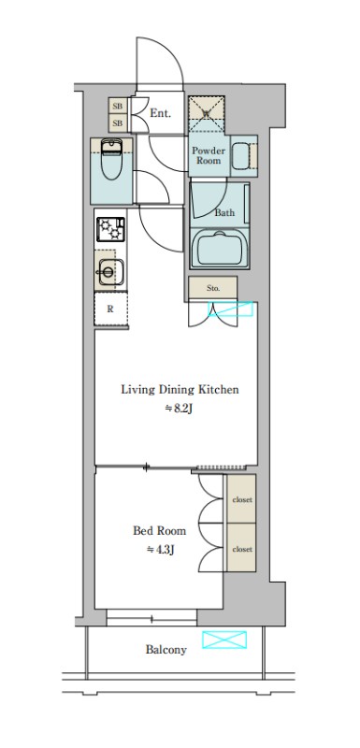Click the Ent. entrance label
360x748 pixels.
[160, 113]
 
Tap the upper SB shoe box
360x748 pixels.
[118, 106]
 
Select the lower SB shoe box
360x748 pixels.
[118, 123]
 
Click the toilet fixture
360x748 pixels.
[112, 159]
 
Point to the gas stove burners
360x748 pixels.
[110, 229]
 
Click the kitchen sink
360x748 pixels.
[110, 272]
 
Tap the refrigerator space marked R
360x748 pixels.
[110, 309]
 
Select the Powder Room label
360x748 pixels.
[209, 155]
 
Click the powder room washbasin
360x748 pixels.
[241, 156]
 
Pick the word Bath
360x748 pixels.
[224, 213]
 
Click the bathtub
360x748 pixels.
[220, 250]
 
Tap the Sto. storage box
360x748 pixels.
[212, 288]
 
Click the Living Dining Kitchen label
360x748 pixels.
[180, 390]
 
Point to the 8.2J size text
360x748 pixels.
[179, 409]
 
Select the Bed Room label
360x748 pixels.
[159, 530]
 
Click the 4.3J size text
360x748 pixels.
[160, 550]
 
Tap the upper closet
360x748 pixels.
[241, 499]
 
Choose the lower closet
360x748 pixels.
[241, 548]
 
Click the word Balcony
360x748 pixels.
[166, 650]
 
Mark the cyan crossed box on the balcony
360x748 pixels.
[224, 640]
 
